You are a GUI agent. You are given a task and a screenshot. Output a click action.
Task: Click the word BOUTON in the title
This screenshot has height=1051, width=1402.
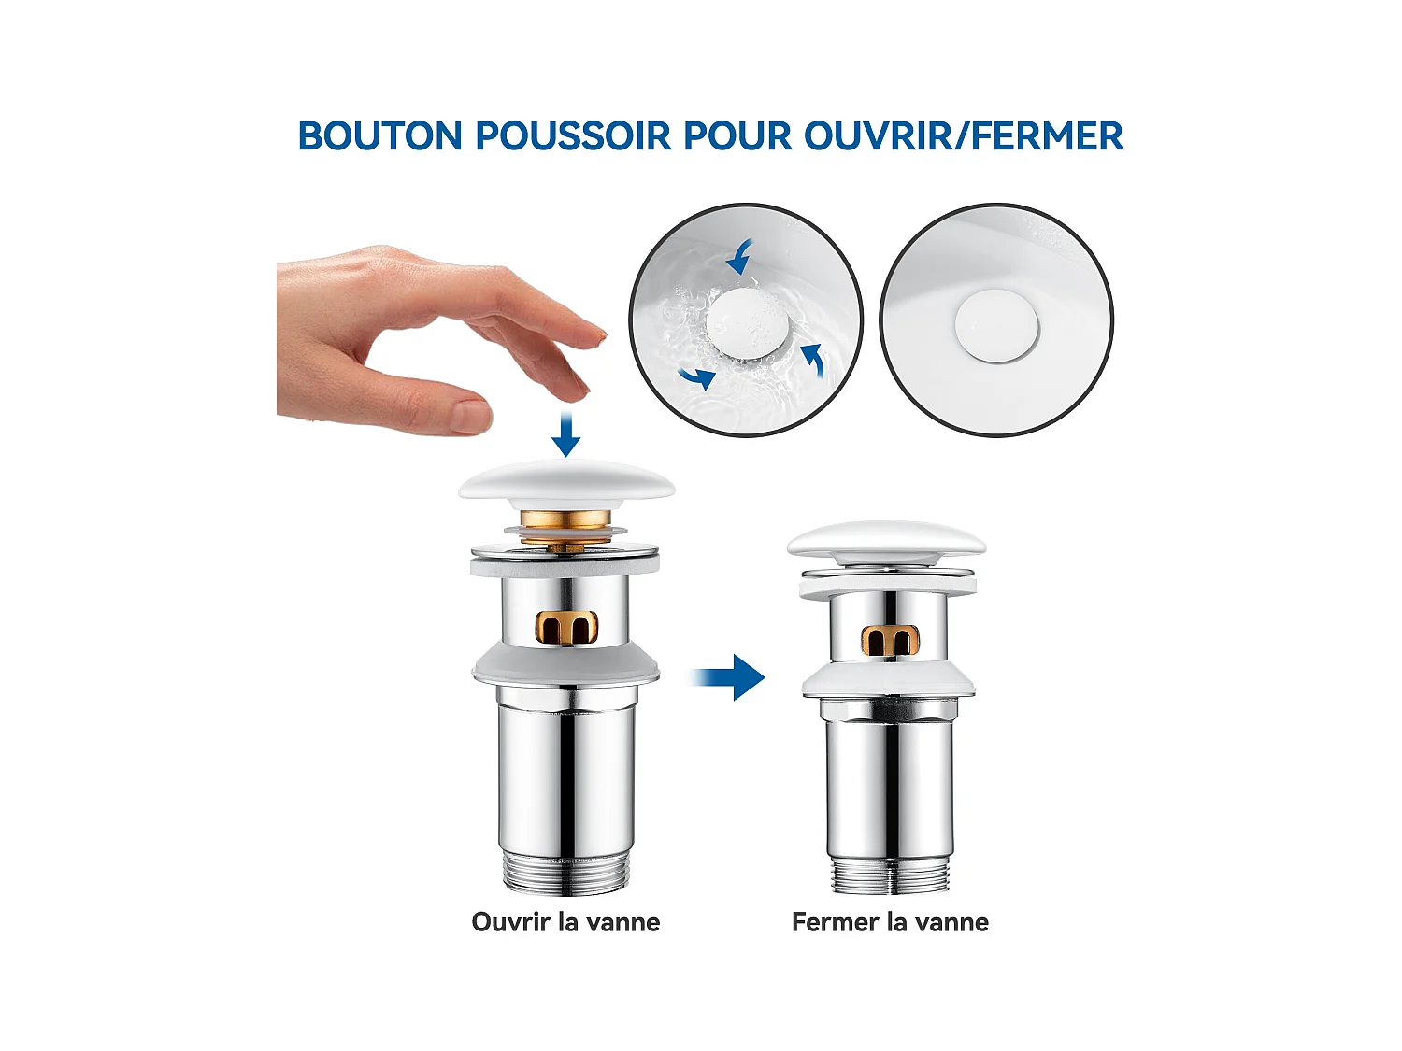380,135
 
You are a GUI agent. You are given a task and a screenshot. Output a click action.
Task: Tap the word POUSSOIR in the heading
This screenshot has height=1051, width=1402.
573,135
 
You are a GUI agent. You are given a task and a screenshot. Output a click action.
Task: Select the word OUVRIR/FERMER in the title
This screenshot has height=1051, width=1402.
963,135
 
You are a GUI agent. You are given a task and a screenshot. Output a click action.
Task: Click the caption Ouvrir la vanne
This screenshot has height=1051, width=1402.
565,922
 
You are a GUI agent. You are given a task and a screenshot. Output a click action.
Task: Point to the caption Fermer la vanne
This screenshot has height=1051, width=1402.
890,922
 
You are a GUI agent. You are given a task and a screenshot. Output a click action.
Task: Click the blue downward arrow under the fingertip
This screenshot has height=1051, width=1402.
565,433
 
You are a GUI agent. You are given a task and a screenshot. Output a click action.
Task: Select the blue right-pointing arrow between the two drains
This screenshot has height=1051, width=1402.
729,677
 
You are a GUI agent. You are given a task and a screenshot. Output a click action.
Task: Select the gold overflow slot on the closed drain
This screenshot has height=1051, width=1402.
891,641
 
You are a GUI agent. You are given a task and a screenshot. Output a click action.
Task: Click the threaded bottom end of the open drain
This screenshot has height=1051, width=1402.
566,873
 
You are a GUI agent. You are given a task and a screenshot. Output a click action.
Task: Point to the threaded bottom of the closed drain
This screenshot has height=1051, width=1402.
890,874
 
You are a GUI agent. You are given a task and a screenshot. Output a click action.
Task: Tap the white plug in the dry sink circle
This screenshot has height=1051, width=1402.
996,327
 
